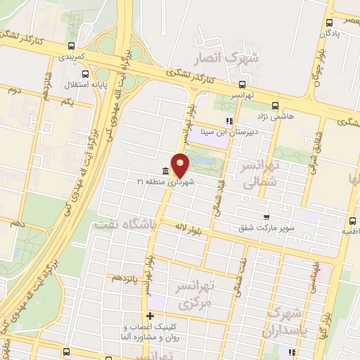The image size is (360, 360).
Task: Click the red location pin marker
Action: (x=181, y=165)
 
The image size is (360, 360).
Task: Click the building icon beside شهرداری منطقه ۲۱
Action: (x=165, y=171)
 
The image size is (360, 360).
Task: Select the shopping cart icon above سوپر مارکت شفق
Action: (x=266, y=217)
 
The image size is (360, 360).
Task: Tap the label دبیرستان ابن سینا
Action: (x=228, y=131)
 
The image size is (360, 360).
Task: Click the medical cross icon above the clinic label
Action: (x=149, y=316)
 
